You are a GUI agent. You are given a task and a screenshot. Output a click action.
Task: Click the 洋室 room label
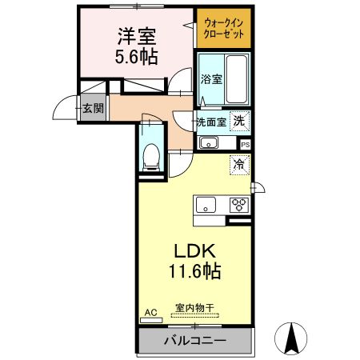pos(137,36)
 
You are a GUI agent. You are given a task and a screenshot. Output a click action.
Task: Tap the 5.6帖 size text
pos(136,57)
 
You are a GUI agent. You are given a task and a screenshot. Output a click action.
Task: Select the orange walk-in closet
pos(224,28)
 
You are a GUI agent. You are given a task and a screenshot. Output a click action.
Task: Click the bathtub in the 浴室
pos(236,79)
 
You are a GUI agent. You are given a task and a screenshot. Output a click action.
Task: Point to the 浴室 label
pos(211,79)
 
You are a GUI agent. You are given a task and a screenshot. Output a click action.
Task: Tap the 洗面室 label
pos(211,122)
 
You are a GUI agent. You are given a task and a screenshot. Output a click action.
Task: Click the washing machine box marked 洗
pos(240,122)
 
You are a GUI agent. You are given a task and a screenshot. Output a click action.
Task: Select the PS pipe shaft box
pos(246,145)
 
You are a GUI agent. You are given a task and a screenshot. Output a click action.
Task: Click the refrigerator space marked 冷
pos(239,165)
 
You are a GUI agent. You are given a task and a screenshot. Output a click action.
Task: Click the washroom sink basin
pos(209,143)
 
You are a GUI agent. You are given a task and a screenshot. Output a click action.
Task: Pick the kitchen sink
pos(206,205)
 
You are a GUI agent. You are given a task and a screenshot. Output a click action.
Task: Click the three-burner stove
pos(239,205)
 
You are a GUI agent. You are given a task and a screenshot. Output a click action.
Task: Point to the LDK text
pos(195,251)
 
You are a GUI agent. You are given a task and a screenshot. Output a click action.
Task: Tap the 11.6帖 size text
pos(195,271)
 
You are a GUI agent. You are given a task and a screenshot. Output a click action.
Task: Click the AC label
pos(150,313)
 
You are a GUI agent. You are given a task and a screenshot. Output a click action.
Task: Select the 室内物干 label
pos(194,308)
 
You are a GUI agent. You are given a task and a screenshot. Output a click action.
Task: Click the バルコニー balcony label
pos(195,341)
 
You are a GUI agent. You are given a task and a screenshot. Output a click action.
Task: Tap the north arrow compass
pos(291,338)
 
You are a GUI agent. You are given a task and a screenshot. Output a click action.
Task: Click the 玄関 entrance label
pos(93,108)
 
